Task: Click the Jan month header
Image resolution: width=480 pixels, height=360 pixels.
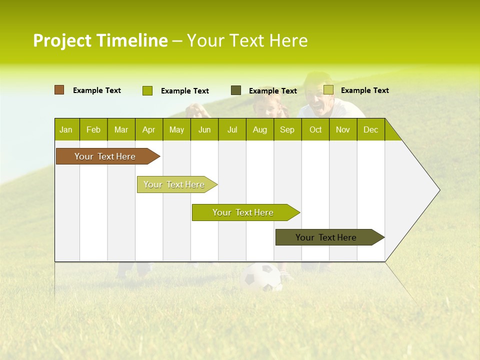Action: pyautogui.click(x=66, y=129)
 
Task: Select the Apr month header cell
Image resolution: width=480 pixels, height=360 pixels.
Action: pyautogui.click(x=149, y=129)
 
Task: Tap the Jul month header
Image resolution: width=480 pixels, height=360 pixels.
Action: pyautogui.click(x=232, y=129)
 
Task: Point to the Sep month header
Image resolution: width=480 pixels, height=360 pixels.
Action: pyautogui.click(x=287, y=129)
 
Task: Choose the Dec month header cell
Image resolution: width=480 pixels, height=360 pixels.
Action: pyautogui.click(x=370, y=129)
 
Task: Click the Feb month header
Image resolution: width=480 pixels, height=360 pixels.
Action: pyautogui.click(x=93, y=129)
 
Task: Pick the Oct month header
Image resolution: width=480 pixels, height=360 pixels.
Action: pyautogui.click(x=315, y=129)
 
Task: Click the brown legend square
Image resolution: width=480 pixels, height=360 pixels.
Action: pyautogui.click(x=59, y=90)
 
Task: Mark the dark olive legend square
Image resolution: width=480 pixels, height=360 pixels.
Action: pyautogui.click(x=236, y=90)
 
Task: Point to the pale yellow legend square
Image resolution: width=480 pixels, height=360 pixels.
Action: pyautogui.click(x=328, y=90)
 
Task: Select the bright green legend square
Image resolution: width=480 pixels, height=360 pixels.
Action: pyautogui.click(x=147, y=90)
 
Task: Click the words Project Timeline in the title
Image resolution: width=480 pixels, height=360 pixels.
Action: pyautogui.click(x=100, y=40)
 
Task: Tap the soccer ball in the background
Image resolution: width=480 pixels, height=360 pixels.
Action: pyautogui.click(x=261, y=277)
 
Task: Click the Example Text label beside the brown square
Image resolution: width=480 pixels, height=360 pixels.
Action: pyautogui.click(x=97, y=90)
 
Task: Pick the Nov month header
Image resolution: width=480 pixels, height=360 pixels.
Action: pyautogui.click(x=343, y=129)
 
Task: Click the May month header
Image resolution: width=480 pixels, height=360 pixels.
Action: pyautogui.click(x=176, y=129)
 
